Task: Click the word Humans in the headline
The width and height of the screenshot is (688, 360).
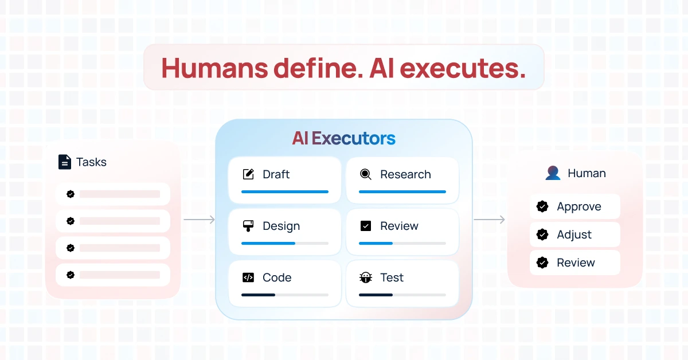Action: [214, 68]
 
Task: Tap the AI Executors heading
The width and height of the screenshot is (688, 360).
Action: [343, 138]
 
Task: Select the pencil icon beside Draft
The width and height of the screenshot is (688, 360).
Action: [248, 174]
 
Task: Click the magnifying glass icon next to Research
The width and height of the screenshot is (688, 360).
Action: [366, 174]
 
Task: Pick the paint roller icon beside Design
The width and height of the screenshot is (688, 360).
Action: [248, 226]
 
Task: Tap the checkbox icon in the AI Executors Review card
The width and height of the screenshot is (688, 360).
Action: [366, 226]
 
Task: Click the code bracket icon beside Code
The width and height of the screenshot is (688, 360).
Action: [248, 277]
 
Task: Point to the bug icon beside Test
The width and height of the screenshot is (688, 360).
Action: [366, 277]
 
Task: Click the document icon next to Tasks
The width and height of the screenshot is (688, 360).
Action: [64, 162]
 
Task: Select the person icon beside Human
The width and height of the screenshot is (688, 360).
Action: [553, 173]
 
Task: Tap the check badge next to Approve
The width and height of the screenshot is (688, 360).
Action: [542, 206]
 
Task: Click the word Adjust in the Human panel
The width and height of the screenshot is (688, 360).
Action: [574, 234]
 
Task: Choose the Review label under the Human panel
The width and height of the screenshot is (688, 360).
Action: [576, 263]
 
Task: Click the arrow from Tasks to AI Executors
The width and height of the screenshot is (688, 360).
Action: [199, 220]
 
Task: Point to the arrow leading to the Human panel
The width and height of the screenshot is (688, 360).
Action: [489, 220]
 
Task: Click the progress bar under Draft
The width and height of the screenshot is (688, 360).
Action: [285, 191]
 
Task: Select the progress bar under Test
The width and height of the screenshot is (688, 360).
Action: [402, 295]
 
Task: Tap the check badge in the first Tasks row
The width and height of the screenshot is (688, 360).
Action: [71, 194]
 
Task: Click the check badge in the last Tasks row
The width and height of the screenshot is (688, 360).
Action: [71, 275]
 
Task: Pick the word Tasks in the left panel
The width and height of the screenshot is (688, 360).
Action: [91, 162]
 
